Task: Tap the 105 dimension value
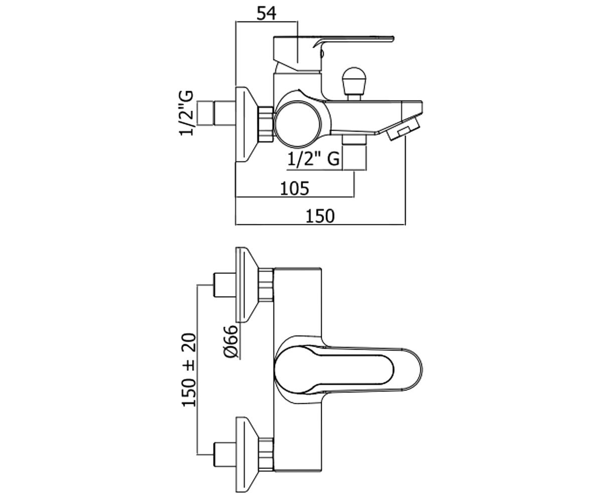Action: tap(294, 188)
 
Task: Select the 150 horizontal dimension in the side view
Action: tap(320, 216)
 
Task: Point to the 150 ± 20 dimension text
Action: tap(189, 370)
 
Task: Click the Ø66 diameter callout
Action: tap(231, 342)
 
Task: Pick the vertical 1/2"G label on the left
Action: tap(187, 113)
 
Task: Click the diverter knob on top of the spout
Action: tap(354, 84)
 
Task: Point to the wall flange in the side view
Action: tap(246, 124)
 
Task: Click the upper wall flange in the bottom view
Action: tap(246, 285)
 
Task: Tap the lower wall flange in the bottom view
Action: tap(246, 454)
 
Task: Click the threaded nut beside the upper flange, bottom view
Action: tap(266, 285)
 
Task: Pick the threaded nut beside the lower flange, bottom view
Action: tap(266, 454)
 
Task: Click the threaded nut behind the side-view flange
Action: tap(266, 124)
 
